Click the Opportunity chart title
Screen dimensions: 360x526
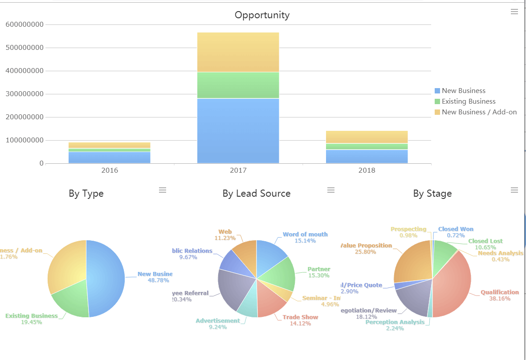click(x=262, y=15)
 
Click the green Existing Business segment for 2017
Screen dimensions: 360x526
click(x=238, y=85)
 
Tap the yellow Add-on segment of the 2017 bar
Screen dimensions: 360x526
click(x=238, y=52)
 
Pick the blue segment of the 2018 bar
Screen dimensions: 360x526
click(x=367, y=156)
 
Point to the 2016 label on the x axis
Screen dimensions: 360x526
click(x=110, y=170)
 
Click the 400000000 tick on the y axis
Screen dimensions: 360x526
click(x=24, y=71)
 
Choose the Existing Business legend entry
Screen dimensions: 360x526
click(x=468, y=101)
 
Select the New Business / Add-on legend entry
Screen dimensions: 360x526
click(x=479, y=112)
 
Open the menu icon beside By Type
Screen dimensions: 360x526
click(x=163, y=190)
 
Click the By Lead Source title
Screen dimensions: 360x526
click(x=257, y=194)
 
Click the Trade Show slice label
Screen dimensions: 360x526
click(x=300, y=317)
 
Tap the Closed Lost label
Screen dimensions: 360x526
click(x=485, y=241)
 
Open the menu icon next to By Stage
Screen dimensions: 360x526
click(x=514, y=190)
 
